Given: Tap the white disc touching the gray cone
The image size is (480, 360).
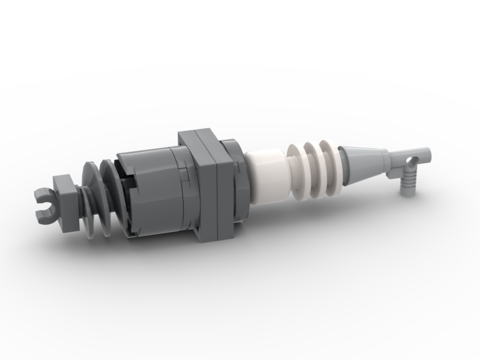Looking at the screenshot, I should [x=331, y=163].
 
